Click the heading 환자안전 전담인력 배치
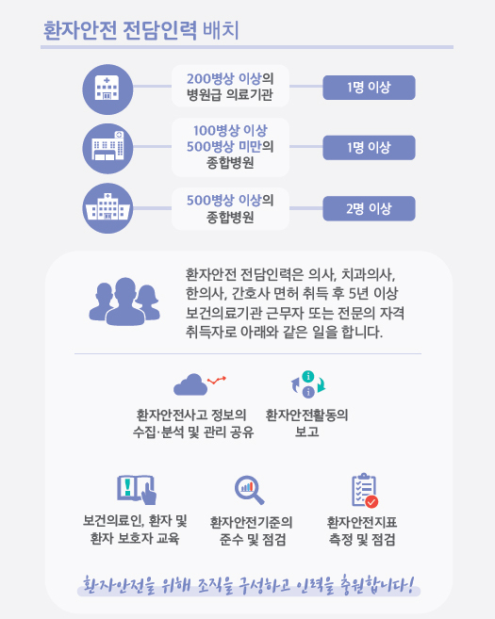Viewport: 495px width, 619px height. point(141,30)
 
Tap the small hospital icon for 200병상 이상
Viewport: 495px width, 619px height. point(107,90)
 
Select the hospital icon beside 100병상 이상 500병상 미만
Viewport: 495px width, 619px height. point(107,149)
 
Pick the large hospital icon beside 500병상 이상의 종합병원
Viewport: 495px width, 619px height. point(107,208)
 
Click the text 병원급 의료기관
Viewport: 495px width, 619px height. point(230,95)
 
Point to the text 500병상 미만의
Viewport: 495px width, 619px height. point(230,146)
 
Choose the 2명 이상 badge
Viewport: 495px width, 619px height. point(369,208)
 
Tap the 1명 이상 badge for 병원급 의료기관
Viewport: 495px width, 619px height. point(369,88)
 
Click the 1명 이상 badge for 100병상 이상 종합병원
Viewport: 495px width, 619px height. point(369,148)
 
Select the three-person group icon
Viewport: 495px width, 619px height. point(124,301)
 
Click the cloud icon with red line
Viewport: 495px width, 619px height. point(200,384)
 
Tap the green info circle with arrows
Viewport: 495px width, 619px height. point(308,376)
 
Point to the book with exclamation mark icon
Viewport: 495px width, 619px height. point(137,490)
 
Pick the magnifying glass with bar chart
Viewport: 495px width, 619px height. point(249,490)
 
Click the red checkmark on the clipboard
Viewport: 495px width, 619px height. point(371,502)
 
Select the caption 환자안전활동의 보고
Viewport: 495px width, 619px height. point(307,423)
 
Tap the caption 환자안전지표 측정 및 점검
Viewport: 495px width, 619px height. point(362,531)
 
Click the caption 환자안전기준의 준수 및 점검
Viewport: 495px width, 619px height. point(252,531)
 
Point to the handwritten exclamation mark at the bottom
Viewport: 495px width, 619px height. point(410,584)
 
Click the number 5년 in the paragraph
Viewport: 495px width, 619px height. point(359,293)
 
